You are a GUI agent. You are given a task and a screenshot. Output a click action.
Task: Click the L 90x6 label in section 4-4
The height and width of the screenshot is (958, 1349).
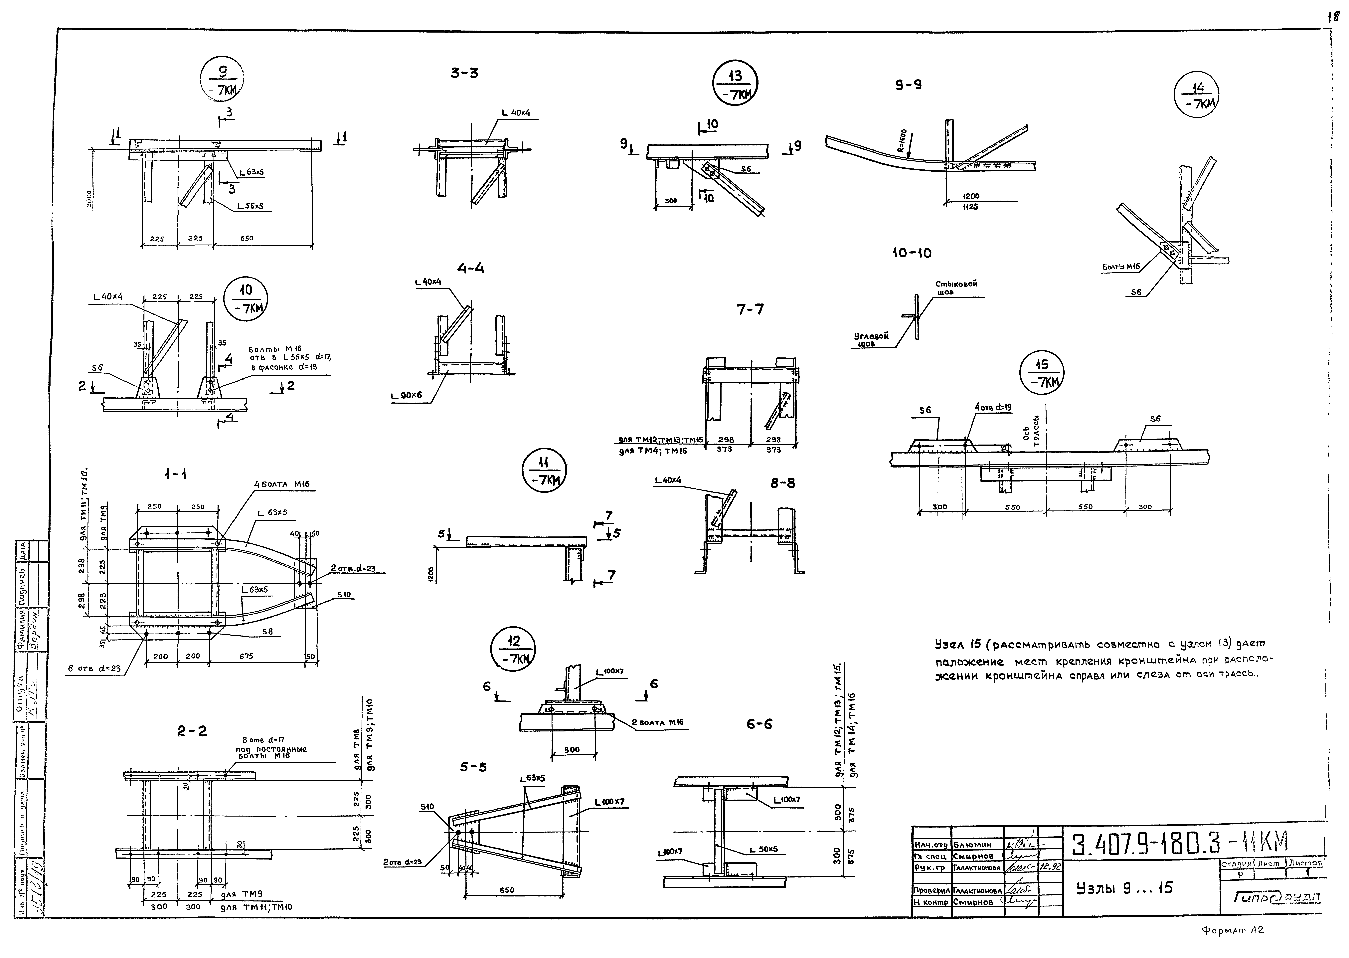pos(406,396)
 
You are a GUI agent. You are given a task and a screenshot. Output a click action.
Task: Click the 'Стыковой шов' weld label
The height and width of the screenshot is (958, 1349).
pos(956,288)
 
